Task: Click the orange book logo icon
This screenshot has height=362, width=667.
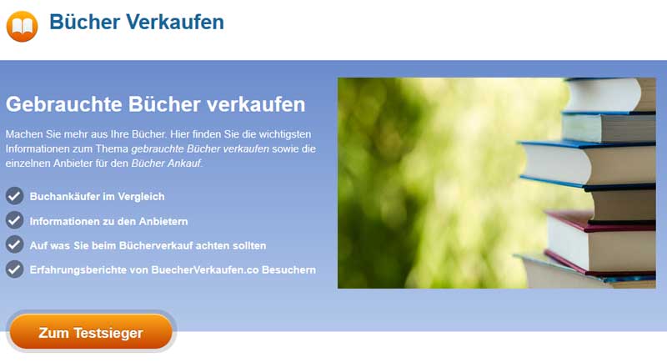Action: click(x=23, y=27)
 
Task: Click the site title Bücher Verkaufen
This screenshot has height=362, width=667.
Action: click(x=137, y=22)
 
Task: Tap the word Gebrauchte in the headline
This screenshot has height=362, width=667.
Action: click(x=64, y=104)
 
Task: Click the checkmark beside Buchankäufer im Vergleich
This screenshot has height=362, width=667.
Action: click(x=14, y=196)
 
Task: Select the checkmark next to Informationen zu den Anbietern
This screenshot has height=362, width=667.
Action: click(x=14, y=220)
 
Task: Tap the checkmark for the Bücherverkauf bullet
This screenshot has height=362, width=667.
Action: click(x=14, y=244)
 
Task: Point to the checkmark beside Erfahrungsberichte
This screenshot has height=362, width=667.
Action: click(x=14, y=269)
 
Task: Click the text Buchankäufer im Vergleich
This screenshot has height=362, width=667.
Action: click(x=97, y=197)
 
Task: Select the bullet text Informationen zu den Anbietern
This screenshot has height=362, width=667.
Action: click(x=108, y=221)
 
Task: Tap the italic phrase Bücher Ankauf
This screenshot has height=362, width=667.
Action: click(x=166, y=163)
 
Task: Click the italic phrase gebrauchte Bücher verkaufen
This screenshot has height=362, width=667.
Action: click(x=200, y=148)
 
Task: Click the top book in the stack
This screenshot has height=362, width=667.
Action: click(x=611, y=94)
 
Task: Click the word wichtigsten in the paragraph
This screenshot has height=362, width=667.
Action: click(x=285, y=134)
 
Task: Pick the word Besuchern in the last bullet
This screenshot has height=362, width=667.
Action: click(x=288, y=270)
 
